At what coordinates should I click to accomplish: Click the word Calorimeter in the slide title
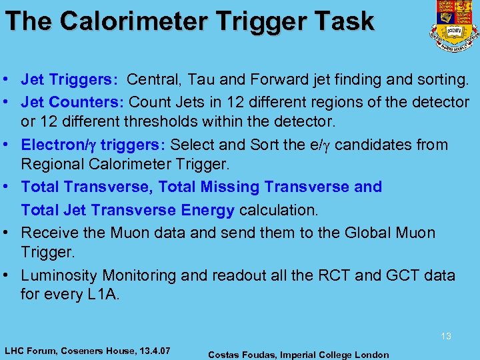129,21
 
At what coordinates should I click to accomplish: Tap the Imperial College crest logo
454,25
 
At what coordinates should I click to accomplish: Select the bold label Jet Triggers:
69,81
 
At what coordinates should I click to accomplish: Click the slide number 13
446,337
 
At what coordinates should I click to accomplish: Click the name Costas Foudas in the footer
243,355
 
